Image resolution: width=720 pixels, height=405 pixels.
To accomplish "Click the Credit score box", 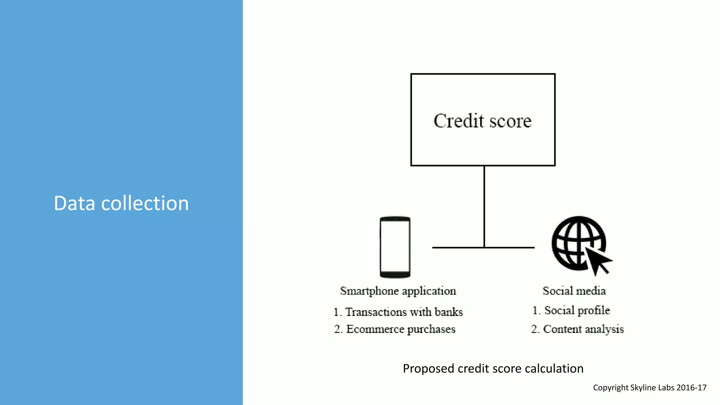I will [x=483, y=120].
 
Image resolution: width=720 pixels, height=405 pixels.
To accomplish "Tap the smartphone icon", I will [x=395, y=247].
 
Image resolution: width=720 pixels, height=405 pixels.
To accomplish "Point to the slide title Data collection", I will [x=121, y=203].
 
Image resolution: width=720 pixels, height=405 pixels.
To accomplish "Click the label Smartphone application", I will [x=398, y=291].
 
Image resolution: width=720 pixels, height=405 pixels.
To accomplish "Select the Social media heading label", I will [x=574, y=291].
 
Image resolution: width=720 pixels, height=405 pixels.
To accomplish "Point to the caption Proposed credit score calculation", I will [x=493, y=368].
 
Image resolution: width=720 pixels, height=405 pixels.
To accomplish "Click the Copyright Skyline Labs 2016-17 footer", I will [x=650, y=387].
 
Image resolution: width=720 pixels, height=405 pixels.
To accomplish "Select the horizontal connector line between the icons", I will [x=457, y=247].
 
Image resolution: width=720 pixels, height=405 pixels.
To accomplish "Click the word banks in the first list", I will [x=449, y=312].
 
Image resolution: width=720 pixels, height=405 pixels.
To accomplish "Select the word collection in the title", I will [x=145, y=203].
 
